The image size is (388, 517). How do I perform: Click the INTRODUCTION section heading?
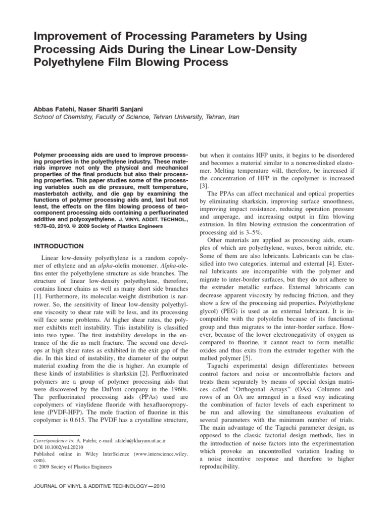tap(58, 246)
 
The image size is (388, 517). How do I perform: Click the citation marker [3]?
tap(205, 186)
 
